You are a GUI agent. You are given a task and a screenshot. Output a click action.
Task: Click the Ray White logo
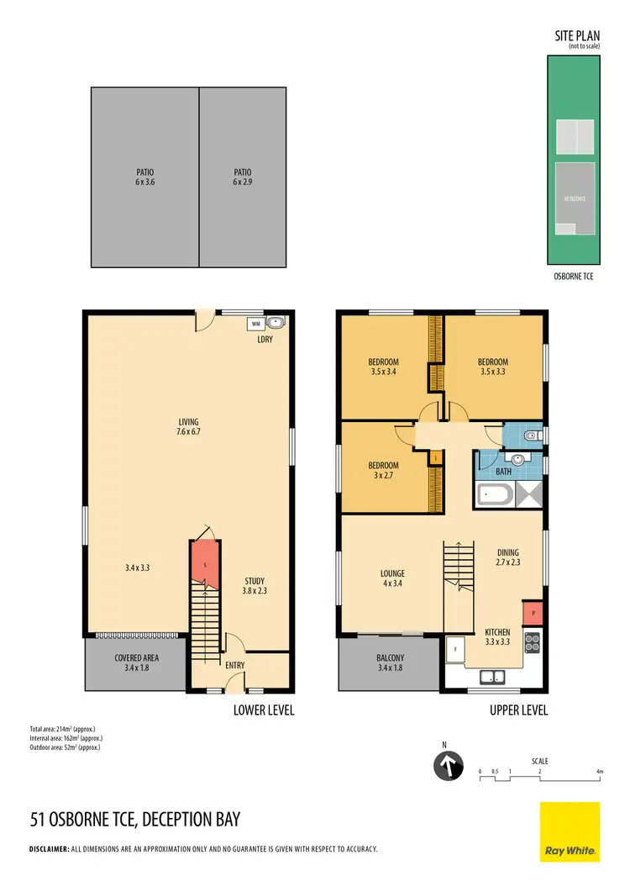click(570, 831)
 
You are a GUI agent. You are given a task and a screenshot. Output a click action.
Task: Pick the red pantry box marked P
click(533, 613)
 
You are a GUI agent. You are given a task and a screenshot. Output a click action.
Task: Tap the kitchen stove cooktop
click(533, 642)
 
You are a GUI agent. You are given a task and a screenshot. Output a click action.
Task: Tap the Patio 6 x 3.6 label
click(144, 177)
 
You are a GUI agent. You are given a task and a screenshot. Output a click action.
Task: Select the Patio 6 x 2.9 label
click(243, 177)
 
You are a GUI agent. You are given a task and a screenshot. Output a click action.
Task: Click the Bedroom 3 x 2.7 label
click(383, 470)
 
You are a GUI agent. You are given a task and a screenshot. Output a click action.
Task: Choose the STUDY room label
click(255, 585)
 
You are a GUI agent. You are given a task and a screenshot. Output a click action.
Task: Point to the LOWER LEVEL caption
click(263, 710)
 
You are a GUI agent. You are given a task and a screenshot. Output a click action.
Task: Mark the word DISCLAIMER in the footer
click(49, 850)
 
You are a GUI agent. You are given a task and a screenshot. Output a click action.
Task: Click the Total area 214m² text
click(64, 729)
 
